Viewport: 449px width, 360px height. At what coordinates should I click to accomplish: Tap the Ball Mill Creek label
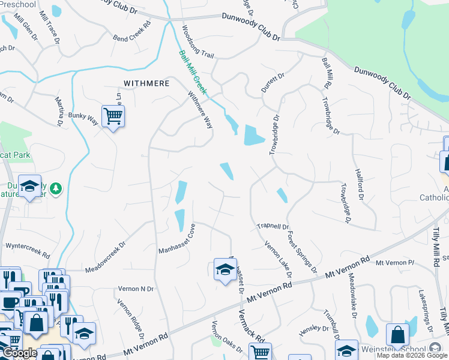point(192,73)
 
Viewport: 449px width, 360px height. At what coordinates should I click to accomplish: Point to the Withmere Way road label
point(200,109)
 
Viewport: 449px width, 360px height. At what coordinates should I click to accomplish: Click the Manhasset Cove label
point(177,239)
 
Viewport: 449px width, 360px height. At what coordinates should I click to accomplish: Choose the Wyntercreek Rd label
point(26,246)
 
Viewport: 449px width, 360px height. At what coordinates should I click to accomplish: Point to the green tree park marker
point(56,189)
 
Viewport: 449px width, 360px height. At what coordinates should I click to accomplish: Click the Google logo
point(20,353)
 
